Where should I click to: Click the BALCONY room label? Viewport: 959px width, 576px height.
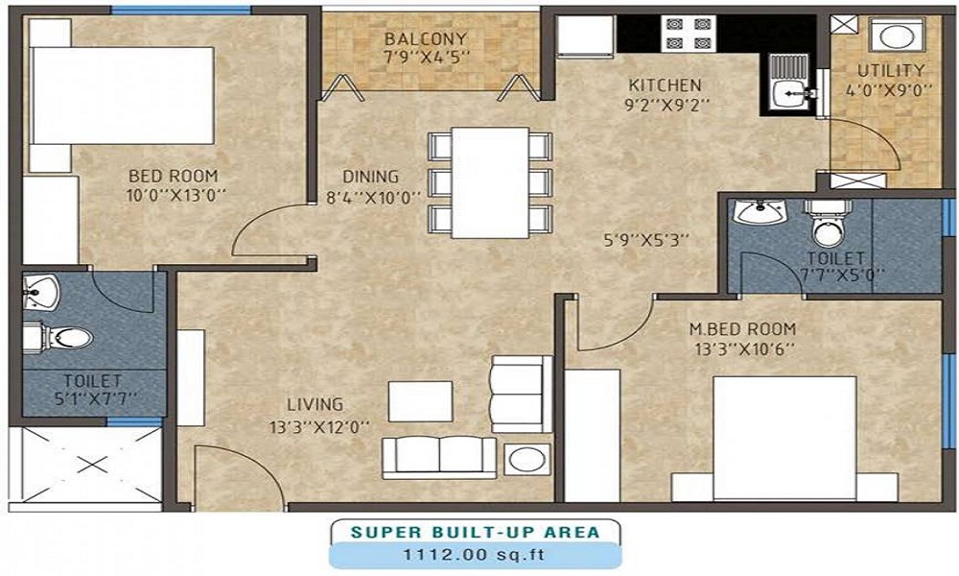coord(426,38)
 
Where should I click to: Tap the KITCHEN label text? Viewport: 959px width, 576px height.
coord(665,84)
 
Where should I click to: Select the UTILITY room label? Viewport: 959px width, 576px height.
coord(891,70)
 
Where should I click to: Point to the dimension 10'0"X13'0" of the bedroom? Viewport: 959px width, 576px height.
coord(174,195)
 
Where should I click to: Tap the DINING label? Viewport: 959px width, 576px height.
coord(370,177)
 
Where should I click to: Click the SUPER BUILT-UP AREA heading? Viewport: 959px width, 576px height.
coord(476,531)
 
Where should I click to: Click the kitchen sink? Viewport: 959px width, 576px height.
coord(790,92)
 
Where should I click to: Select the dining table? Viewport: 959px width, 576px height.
coord(490,181)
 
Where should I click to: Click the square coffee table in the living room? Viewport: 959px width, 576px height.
coord(420,401)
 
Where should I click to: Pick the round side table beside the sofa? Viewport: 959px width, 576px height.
coord(526,458)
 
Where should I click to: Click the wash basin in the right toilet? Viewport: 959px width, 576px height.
coord(760,210)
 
